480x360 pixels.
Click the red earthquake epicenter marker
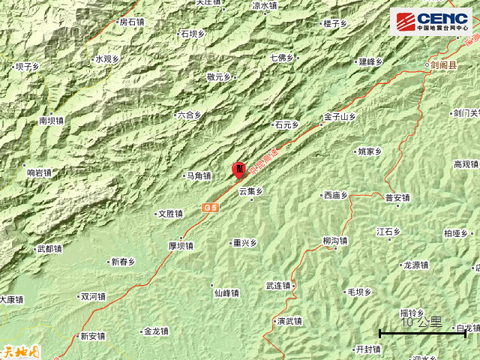[x=239, y=169]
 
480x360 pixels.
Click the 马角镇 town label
[x=199, y=176]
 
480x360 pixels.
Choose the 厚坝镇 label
[x=181, y=245]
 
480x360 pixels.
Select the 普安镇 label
[x=397, y=198]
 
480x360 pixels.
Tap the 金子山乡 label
[x=340, y=117]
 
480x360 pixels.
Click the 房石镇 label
[x=131, y=22]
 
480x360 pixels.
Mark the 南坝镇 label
[x=52, y=120]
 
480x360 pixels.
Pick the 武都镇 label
[x=49, y=249]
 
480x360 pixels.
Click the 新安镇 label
[x=92, y=336]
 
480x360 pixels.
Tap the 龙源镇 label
[x=415, y=265]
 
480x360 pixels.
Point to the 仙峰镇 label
[x=226, y=293]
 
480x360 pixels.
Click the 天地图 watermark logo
[x=18, y=350]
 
